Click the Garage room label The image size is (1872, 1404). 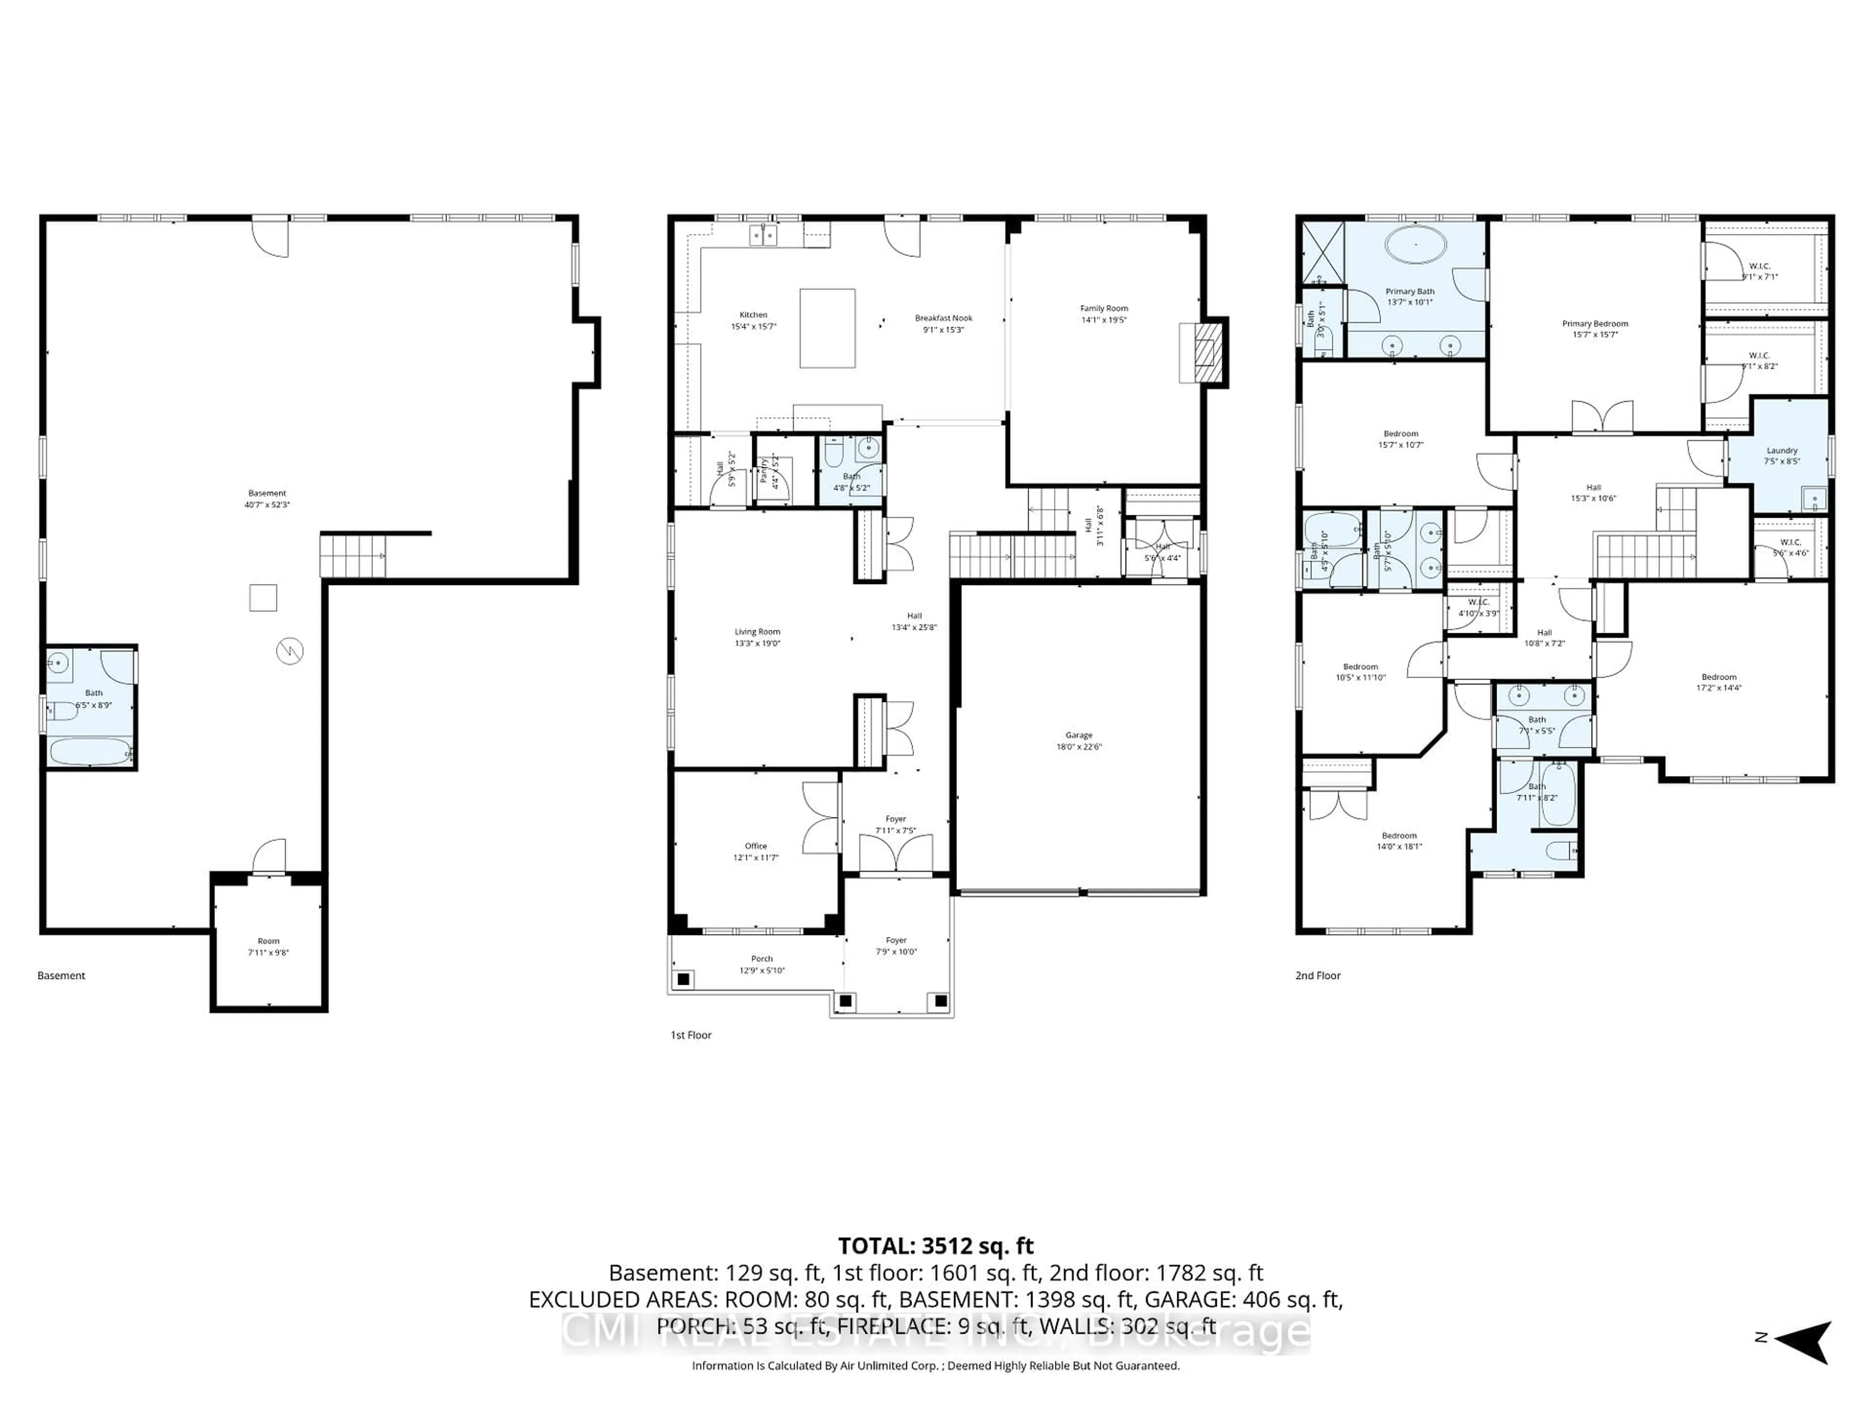(1078, 736)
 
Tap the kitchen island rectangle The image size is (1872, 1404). (827, 329)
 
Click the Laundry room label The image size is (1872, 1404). (1781, 451)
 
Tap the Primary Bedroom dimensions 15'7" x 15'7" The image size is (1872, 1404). (1595, 335)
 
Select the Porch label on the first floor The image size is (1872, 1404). (761, 959)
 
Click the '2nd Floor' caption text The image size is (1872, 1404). (1318, 976)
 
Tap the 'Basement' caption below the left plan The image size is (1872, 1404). (61, 976)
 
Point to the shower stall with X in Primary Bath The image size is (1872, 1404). (1323, 252)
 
